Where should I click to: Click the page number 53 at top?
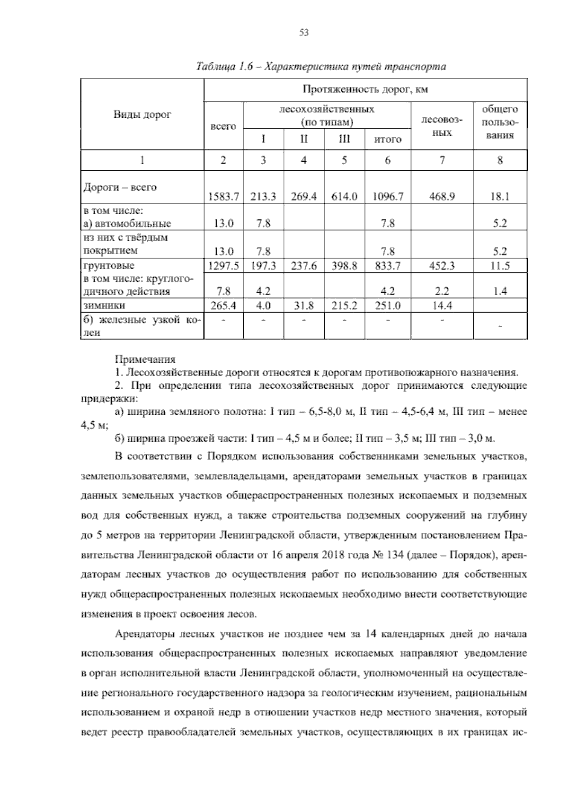[x=304, y=33]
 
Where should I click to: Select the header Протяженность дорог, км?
[x=365, y=89]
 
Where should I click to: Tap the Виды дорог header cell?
[x=142, y=114]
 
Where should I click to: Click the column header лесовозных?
[x=442, y=126]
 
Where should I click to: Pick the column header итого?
[x=387, y=139]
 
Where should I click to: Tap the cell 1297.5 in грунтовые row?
[x=223, y=266]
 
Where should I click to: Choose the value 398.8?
[x=344, y=266]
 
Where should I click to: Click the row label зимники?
[x=104, y=305]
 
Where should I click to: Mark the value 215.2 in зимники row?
[x=344, y=306]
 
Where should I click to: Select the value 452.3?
[x=442, y=266]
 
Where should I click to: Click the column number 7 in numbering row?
[x=442, y=160]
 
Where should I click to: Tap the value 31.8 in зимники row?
[x=303, y=306]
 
